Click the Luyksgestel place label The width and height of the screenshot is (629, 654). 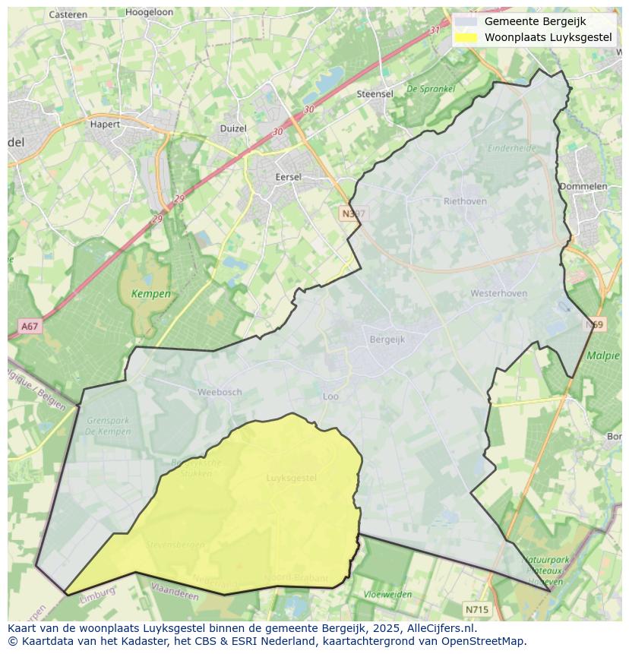(x=292, y=478)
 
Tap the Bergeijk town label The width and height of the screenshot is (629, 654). (x=387, y=340)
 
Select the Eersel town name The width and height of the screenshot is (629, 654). (x=289, y=177)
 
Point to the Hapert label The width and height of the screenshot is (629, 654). (x=105, y=124)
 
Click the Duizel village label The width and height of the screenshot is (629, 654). (x=233, y=128)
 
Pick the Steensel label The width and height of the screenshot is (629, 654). (x=375, y=94)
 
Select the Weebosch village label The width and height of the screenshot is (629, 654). (x=220, y=392)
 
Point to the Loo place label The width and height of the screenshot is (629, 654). (x=330, y=397)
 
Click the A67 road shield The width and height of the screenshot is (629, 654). (x=30, y=327)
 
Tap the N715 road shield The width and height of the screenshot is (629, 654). (x=477, y=609)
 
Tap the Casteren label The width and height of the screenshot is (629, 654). (x=68, y=14)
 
